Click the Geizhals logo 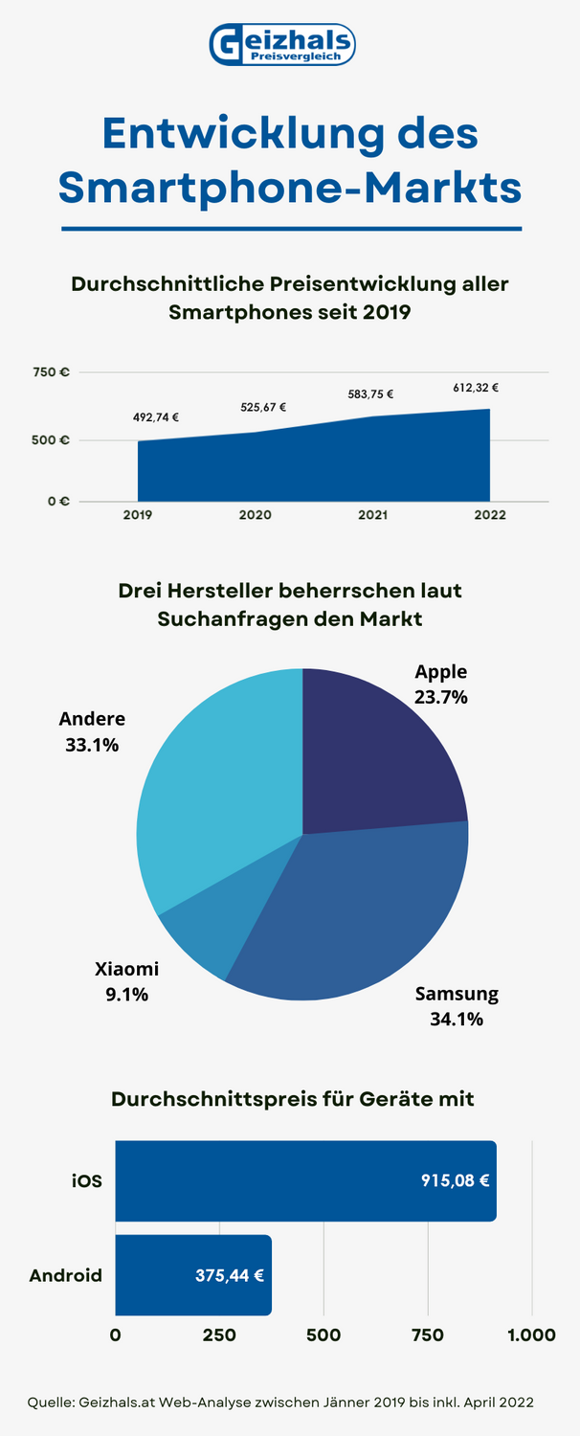click(282, 45)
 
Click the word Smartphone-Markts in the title click(290, 187)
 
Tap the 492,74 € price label click(156, 417)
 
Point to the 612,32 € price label click(476, 388)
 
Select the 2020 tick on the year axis click(256, 515)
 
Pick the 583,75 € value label click(370, 393)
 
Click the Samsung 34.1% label click(457, 1006)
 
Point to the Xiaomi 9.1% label click(127, 981)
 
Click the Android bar click(192, 1275)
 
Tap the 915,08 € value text click(456, 1180)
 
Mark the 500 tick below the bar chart click(323, 1335)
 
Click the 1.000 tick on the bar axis click(531, 1335)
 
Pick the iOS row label click(86, 1180)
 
